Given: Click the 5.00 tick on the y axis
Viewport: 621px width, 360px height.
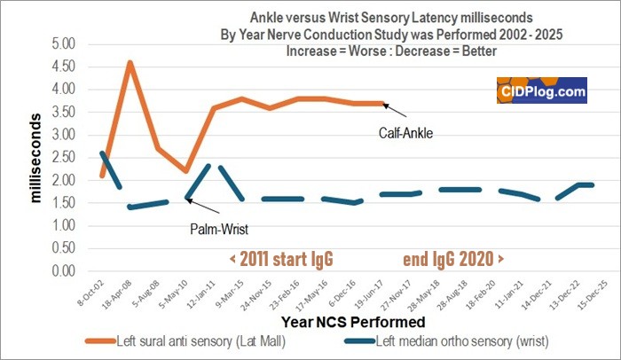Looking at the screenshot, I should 66,44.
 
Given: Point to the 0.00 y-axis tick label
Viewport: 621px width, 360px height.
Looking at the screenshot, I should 66,271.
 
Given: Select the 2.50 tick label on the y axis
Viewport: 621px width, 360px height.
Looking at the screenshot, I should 66,158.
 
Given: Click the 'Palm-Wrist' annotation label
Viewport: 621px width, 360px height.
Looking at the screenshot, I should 218,227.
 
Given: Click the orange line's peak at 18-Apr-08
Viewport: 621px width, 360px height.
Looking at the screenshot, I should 130,63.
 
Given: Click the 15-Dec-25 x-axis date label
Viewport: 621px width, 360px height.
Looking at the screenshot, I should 586,293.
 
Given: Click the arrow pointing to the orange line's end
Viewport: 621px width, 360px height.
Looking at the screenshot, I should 397,110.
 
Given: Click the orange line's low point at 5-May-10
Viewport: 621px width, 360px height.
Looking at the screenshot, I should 185,171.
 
